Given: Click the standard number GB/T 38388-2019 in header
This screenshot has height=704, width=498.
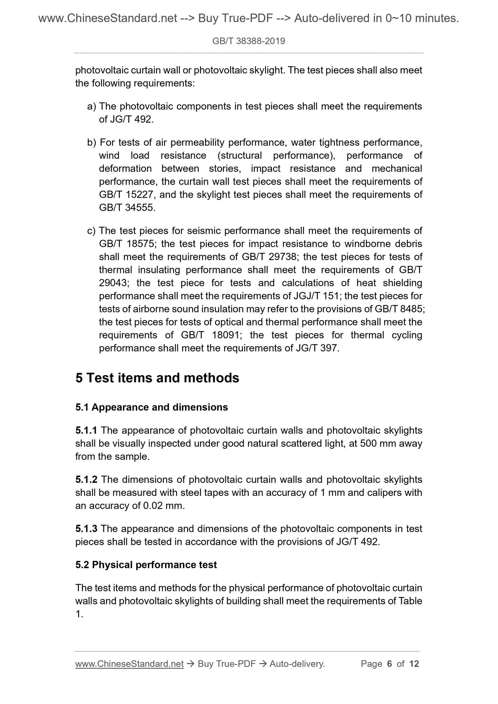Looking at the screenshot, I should (248, 41).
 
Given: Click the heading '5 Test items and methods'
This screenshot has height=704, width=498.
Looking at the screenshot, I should (157, 378).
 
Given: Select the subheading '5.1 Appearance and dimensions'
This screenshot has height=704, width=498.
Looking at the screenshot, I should (152, 407).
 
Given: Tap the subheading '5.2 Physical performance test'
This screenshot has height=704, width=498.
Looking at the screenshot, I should (146, 565).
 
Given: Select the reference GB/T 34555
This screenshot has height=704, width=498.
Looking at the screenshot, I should (126, 208).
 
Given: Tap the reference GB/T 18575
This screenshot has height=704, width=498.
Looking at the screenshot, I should (126, 244).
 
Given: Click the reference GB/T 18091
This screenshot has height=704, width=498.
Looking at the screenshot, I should (211, 335).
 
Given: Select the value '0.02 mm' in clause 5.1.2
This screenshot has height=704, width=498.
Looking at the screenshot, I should (162, 506).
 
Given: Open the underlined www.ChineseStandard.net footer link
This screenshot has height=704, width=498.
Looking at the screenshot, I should (129, 664).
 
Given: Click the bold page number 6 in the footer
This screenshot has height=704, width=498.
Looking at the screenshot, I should (390, 664).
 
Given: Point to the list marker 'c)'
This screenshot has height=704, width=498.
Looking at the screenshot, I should (91, 231).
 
